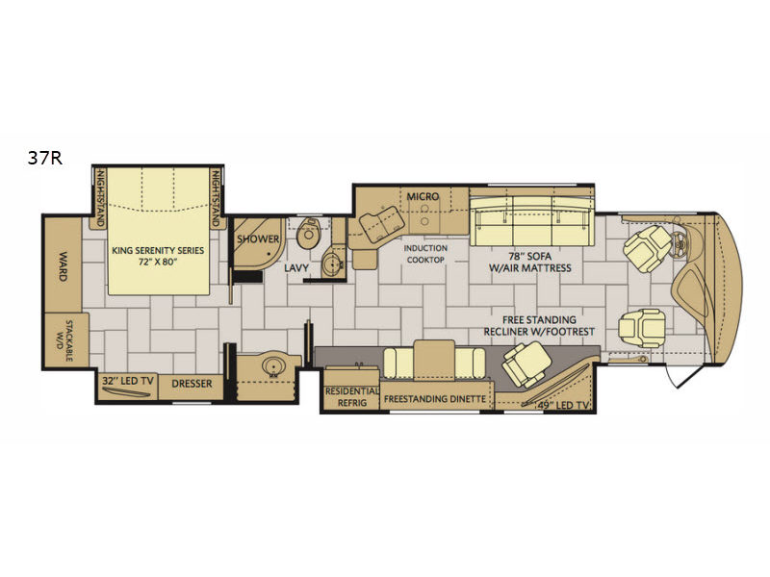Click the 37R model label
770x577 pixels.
44,158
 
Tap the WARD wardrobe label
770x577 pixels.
63,266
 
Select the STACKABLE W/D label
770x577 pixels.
64,340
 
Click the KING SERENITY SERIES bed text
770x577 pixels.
158,256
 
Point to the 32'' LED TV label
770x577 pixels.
128,381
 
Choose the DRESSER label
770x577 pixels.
192,384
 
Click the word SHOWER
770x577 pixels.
258,238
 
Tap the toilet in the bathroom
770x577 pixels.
308,235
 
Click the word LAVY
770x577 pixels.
296,268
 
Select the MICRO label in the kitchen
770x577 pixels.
423,196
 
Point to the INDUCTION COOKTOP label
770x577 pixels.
425,254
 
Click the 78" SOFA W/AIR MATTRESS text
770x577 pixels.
530,262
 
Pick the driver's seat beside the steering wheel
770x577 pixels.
646,249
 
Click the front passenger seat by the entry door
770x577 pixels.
642,328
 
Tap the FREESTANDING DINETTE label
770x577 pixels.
435,399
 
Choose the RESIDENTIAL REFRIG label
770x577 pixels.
352,397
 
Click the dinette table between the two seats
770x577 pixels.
435,360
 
